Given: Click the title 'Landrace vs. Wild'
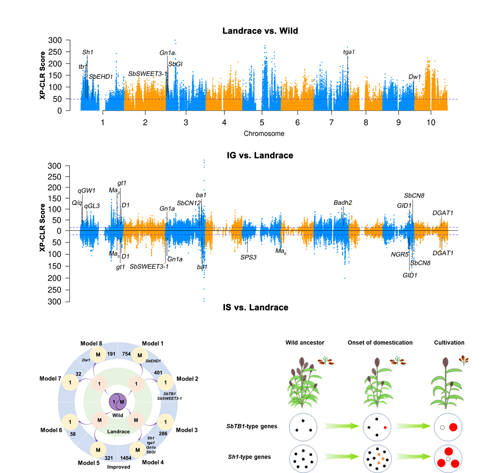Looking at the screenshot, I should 260,31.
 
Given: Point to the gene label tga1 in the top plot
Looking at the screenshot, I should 349,52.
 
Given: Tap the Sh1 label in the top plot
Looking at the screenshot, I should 88,52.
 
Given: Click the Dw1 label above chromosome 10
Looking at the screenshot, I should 415,77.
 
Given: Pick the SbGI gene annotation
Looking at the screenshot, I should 175,64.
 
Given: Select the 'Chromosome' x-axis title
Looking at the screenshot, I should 264,133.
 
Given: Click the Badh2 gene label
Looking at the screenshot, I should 343,203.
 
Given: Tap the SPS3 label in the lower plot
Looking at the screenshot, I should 248,257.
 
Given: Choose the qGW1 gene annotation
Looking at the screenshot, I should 87,191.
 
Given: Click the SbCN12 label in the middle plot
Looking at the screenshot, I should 189,203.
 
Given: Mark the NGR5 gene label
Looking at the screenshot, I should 400,254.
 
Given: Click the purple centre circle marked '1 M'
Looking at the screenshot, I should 118,402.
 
